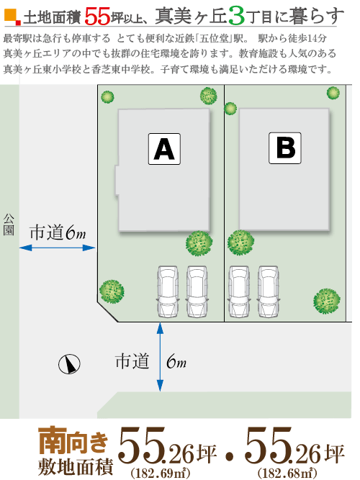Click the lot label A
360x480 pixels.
pos(164,149)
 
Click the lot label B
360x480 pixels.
pos(285,148)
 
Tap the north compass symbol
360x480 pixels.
pos(69,364)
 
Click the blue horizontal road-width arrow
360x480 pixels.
pos(58,248)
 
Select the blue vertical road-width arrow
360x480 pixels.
pos(160,357)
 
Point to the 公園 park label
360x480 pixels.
pos(9,225)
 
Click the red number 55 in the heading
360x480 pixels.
pos(96,17)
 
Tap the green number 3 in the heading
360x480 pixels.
pos(236,17)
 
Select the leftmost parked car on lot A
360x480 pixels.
pos(168,291)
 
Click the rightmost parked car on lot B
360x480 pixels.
pos(269,291)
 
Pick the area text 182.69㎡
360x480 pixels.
pos(161,473)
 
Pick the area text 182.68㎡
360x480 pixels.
pos(287,473)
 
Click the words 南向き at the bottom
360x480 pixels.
pos(73,440)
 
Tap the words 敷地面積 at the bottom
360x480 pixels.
pos(76,466)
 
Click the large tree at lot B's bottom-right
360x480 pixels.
pos(327,301)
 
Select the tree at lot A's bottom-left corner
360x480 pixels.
pos(112,291)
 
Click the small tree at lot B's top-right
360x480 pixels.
pos(333,93)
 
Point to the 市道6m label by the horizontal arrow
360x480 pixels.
pos(58,232)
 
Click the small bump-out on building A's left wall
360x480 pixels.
pos(117,180)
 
